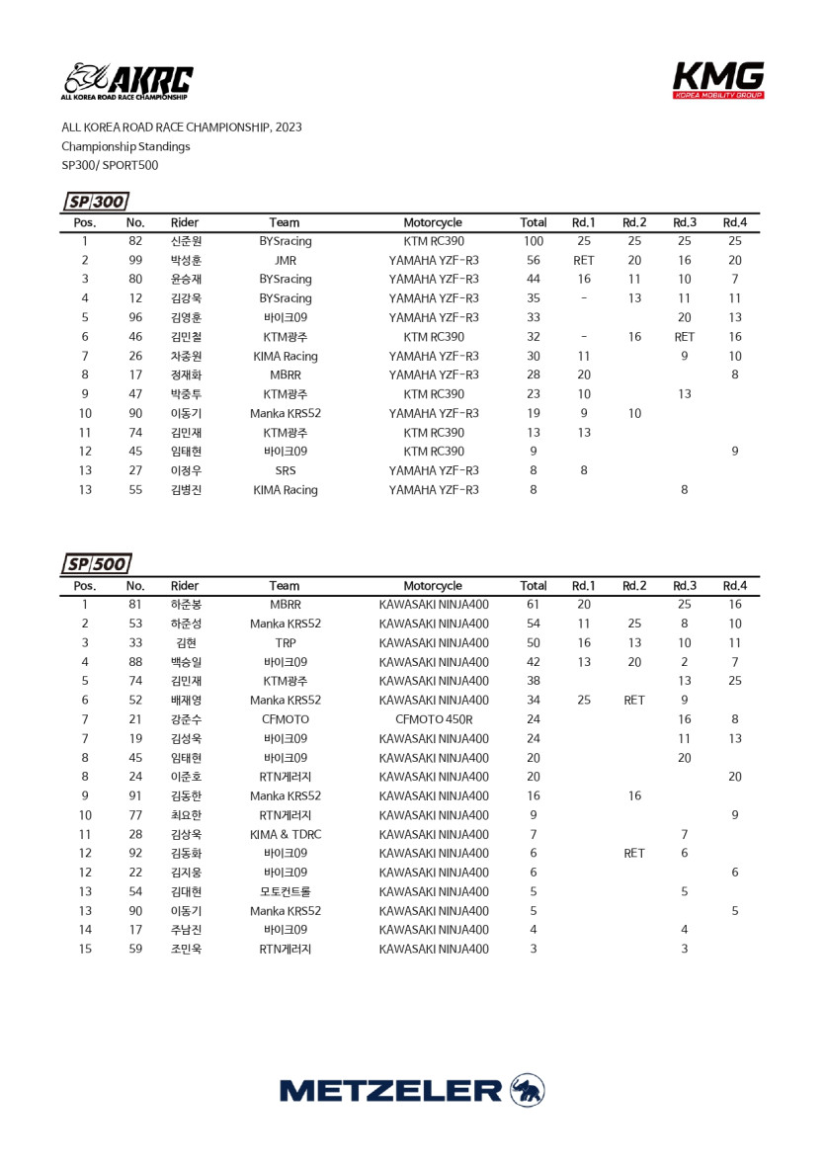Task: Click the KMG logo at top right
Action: click(x=718, y=80)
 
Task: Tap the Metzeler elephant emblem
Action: click(x=528, y=1090)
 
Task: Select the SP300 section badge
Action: click(x=96, y=202)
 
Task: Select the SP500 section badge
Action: click(x=96, y=564)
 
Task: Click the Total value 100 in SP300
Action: click(x=534, y=241)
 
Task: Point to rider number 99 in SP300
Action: click(x=135, y=260)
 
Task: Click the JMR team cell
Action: click(x=285, y=260)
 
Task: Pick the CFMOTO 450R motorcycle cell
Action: click(x=433, y=719)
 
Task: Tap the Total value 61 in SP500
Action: click(x=534, y=605)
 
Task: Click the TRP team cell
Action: click(x=285, y=642)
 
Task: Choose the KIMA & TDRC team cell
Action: click(x=285, y=834)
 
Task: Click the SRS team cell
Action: click(x=285, y=470)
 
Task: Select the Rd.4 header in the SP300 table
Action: click(x=734, y=222)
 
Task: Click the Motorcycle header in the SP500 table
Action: click(x=433, y=586)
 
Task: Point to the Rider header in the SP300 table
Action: click(x=185, y=222)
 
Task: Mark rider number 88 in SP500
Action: click(x=135, y=662)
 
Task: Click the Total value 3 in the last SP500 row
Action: click(x=534, y=949)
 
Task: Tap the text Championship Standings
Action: click(x=125, y=146)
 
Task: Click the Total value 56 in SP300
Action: click(x=534, y=260)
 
